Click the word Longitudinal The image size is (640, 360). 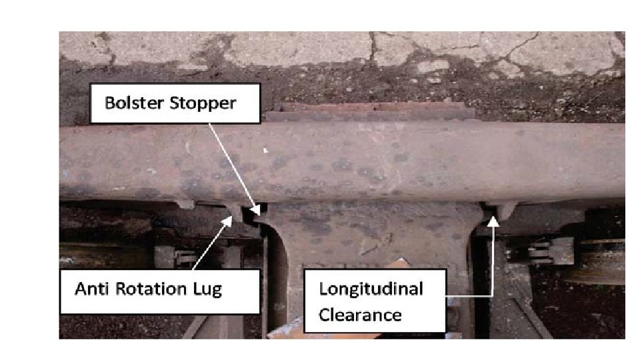click(x=371, y=289)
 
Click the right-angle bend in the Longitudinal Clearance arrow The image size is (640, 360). click(x=493, y=293)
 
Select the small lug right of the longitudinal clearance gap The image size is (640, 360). click(x=507, y=210)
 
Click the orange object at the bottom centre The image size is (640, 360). click(x=400, y=267)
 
